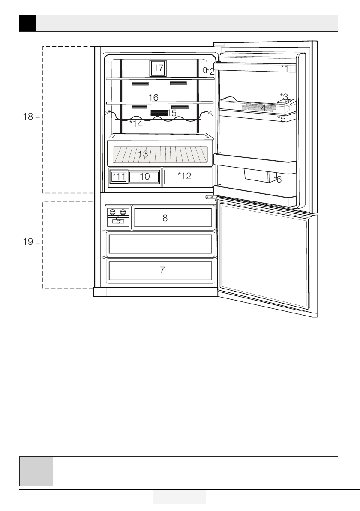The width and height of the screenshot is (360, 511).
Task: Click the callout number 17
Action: tap(158, 68)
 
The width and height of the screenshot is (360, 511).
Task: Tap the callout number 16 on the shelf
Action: tap(153, 97)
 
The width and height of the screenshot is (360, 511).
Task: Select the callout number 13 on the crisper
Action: tap(143, 154)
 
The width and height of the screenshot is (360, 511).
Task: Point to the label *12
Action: tap(184, 176)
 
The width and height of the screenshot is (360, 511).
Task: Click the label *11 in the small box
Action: tap(119, 177)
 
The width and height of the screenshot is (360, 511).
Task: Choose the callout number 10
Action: tap(145, 177)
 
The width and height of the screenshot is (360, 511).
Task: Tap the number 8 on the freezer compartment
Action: tap(165, 218)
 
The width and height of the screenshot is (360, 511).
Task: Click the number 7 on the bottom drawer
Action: tap(162, 270)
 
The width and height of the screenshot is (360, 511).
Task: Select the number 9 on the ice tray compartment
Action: tap(118, 221)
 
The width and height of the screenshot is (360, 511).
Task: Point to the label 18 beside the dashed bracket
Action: tap(28, 116)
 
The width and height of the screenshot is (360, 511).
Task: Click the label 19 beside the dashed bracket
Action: tap(28, 242)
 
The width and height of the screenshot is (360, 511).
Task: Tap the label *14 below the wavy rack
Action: tap(136, 123)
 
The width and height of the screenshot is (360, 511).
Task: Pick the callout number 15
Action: tap(171, 113)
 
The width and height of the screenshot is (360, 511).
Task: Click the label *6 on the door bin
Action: tap(277, 179)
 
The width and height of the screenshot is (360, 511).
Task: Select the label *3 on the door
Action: tap(284, 97)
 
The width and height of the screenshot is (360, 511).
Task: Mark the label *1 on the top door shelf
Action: tap(285, 68)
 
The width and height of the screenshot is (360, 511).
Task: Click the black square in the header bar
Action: tap(28, 23)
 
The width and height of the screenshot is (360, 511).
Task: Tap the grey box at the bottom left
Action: tap(36, 471)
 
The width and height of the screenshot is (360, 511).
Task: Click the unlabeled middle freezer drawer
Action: tap(160, 244)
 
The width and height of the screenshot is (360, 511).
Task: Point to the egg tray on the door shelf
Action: tap(258, 107)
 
